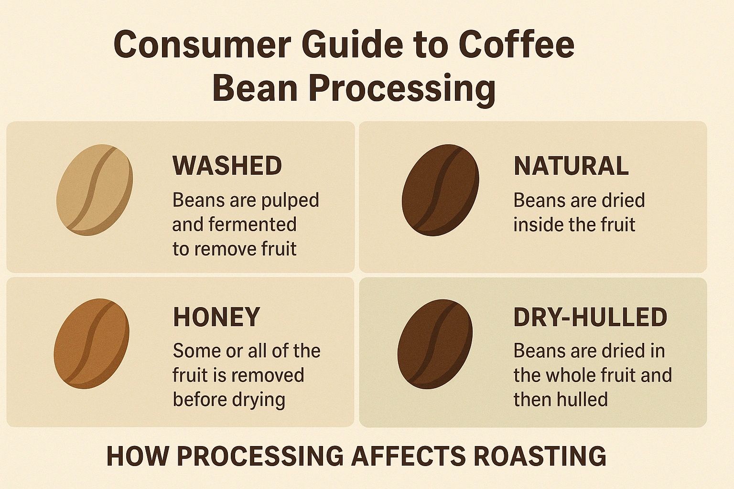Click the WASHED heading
pyautogui.click(x=227, y=166)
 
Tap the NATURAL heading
pyautogui.click(x=571, y=166)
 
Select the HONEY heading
pyautogui.click(x=216, y=317)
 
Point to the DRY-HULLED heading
pyautogui.click(x=590, y=317)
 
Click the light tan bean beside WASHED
pyautogui.click(x=95, y=190)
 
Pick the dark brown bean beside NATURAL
pyautogui.click(x=441, y=190)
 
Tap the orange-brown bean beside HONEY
pyautogui.click(x=91, y=343)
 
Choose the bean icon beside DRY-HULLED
pyautogui.click(x=435, y=344)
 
